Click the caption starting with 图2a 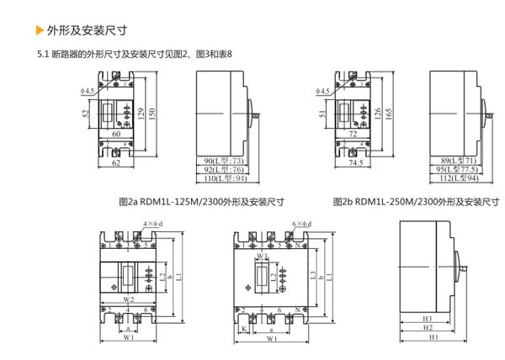tap(202, 202)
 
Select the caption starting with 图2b tap(416, 202)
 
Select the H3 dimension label tap(427, 320)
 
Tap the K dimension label tap(243, 329)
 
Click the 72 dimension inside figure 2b tap(353, 135)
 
